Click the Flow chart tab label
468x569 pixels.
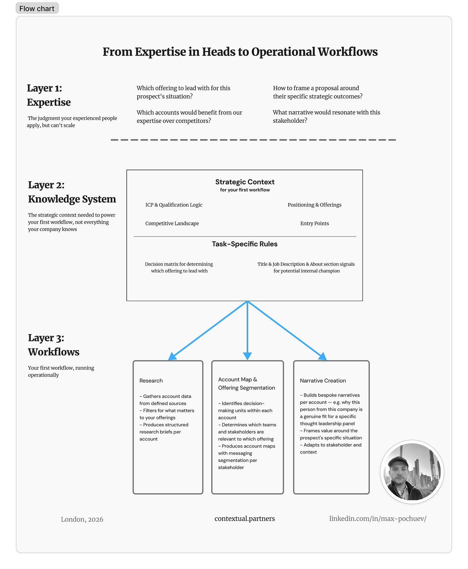click(x=37, y=8)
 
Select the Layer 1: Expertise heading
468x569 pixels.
click(x=49, y=95)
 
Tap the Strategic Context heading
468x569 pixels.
click(x=245, y=182)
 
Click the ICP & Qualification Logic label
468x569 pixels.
click(x=174, y=205)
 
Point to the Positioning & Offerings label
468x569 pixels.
click(x=314, y=205)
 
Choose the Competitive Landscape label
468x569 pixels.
click(x=172, y=223)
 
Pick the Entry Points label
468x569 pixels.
click(x=314, y=223)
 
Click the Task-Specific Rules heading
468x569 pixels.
click(x=245, y=244)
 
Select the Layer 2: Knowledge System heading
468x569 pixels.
click(x=72, y=192)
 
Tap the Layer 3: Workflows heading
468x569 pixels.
click(x=53, y=345)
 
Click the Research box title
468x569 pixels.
click(x=151, y=380)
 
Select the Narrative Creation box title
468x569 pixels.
click(x=323, y=380)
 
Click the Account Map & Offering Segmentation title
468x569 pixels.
click(x=247, y=384)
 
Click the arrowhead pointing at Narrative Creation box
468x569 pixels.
click(x=323, y=357)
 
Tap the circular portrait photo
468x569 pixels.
click(x=412, y=472)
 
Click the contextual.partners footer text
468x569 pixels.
click(x=245, y=519)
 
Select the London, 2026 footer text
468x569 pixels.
click(x=82, y=519)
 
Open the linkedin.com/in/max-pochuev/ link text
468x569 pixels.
click(x=378, y=519)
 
